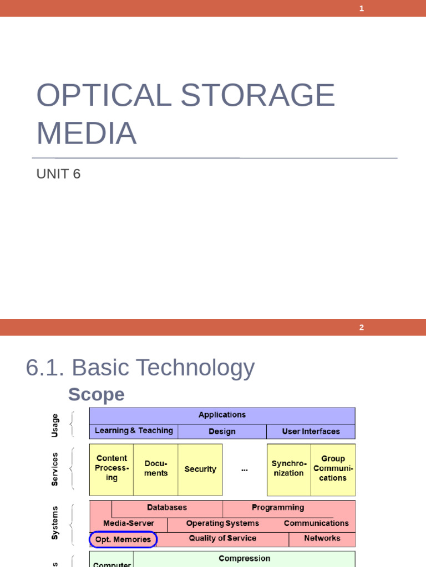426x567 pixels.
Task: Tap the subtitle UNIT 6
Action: (x=58, y=174)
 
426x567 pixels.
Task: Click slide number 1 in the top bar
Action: (x=362, y=8)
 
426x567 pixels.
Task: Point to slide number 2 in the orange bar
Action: (x=361, y=327)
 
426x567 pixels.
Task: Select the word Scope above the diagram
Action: (x=96, y=395)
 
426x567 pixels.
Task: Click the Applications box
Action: (x=222, y=415)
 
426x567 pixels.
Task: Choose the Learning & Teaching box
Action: (x=134, y=431)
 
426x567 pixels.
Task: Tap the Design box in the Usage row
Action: (x=222, y=431)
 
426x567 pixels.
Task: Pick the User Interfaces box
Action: (x=311, y=431)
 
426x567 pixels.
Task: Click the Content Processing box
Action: (x=111, y=468)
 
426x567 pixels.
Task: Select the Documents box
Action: (x=156, y=468)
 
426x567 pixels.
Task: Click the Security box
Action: (x=200, y=469)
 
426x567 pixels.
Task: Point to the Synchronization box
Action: (x=288, y=468)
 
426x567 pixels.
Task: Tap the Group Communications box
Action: (x=333, y=468)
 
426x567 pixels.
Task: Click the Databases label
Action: (x=167, y=507)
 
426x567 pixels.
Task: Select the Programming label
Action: (x=278, y=507)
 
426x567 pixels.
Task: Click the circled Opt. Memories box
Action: (x=123, y=539)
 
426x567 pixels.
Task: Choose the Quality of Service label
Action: (x=222, y=538)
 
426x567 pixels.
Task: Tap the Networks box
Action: (x=322, y=538)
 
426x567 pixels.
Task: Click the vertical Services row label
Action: (x=55, y=469)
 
